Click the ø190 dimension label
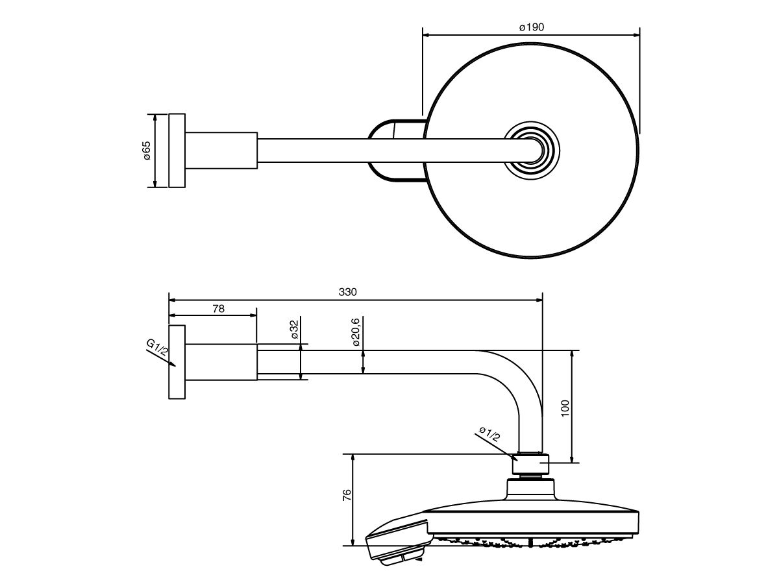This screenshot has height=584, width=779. pyautogui.click(x=531, y=27)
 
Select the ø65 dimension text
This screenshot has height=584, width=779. pyautogui.click(x=147, y=151)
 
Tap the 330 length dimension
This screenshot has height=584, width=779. pyautogui.click(x=348, y=292)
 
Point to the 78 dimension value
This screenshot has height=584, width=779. pyautogui.click(x=218, y=309)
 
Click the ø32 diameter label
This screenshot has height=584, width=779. pyautogui.click(x=293, y=330)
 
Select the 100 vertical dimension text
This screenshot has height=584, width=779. pyautogui.click(x=565, y=408)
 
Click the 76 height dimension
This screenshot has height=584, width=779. pyautogui.click(x=347, y=498)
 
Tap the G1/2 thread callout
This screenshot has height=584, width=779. pyautogui.click(x=158, y=350)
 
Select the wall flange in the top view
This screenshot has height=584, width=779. pyautogui.click(x=177, y=151)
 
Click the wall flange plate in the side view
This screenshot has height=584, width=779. pyautogui.click(x=177, y=361)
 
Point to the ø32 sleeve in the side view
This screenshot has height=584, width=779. pyautogui.click(x=221, y=361)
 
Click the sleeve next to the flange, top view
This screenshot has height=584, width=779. pyautogui.click(x=221, y=151)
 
